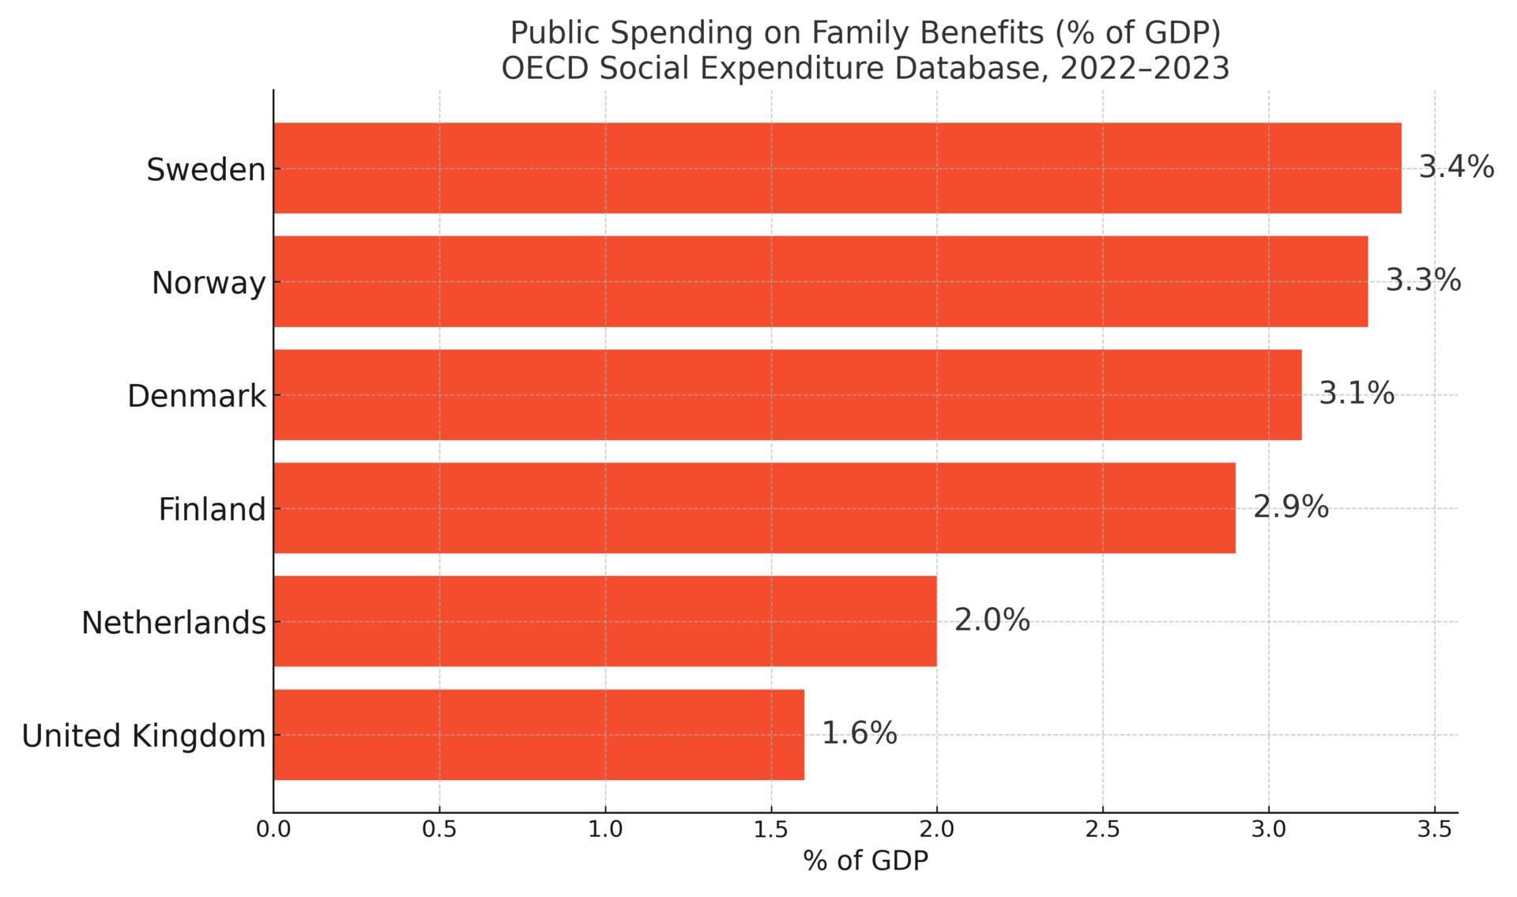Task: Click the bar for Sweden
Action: tap(838, 168)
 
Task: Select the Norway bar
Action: tap(821, 281)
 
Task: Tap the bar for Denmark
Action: tap(788, 395)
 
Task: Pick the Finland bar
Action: tap(755, 508)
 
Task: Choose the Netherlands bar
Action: tap(605, 621)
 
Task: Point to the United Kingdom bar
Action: tap(539, 735)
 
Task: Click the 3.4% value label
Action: tap(1456, 168)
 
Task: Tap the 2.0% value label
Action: tap(992, 620)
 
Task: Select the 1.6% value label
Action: tap(859, 733)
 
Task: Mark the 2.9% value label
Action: tap(1290, 507)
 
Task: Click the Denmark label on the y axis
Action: tap(197, 396)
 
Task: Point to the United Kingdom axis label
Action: tap(144, 736)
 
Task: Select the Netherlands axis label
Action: tap(174, 623)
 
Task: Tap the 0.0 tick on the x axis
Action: tap(273, 830)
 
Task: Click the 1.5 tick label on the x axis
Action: tap(771, 830)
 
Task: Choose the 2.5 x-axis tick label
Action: tap(1103, 830)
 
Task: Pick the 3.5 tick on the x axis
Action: tap(1434, 830)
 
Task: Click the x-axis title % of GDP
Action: tap(865, 861)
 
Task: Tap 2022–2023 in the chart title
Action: tap(1144, 68)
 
